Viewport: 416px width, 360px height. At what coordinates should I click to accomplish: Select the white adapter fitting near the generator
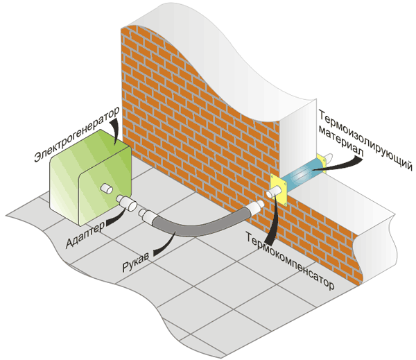pos(126,203)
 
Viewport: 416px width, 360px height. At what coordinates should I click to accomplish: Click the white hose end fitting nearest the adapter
pos(149,216)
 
